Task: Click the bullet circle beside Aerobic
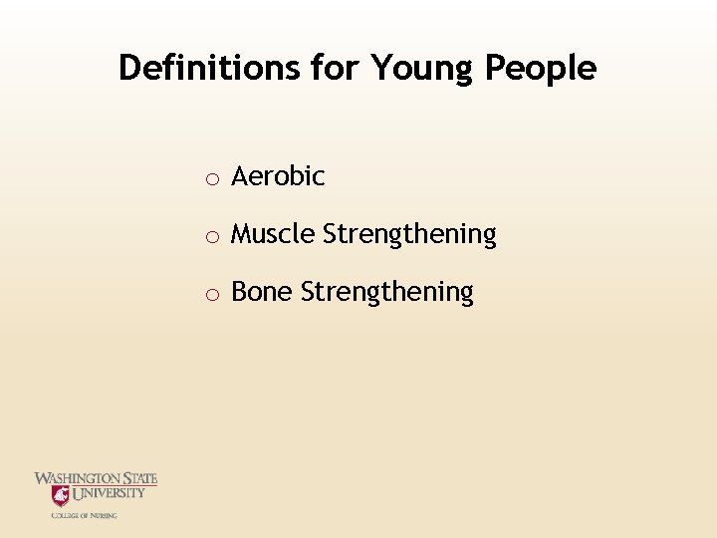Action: (x=212, y=179)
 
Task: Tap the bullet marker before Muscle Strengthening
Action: (x=212, y=237)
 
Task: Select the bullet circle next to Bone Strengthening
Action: (x=212, y=295)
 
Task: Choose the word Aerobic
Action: (x=278, y=177)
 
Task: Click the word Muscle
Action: (x=273, y=235)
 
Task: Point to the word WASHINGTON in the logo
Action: (x=78, y=479)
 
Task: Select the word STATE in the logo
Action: (x=140, y=479)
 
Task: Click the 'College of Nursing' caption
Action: (x=85, y=515)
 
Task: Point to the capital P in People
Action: (x=494, y=68)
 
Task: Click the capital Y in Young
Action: (x=381, y=68)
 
